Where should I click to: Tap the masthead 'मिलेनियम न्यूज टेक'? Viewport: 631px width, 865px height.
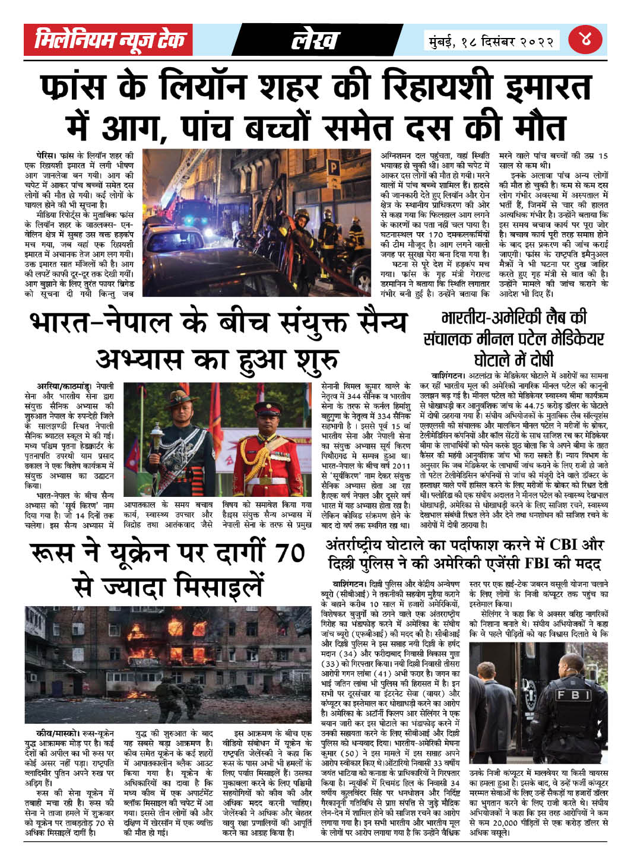(x=110, y=40)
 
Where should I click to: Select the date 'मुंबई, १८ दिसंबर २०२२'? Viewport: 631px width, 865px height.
(x=493, y=42)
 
